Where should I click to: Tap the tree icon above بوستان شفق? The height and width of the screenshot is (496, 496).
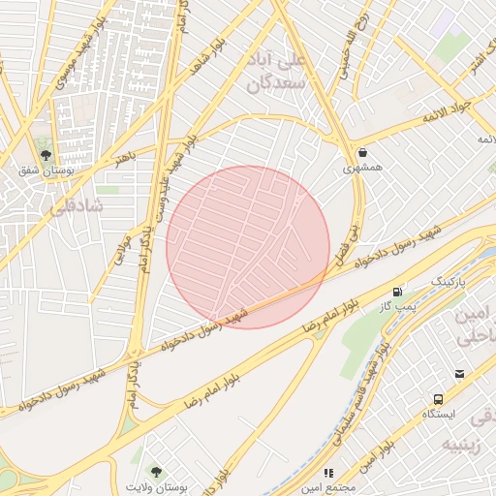46,154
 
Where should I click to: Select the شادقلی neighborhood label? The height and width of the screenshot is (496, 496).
74,205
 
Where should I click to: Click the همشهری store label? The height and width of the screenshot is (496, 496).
362,168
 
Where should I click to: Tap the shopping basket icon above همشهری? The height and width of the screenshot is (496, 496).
362,152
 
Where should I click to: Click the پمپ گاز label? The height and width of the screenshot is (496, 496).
397,306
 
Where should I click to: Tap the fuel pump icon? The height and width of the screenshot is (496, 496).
397,292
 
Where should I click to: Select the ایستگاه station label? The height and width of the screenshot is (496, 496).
439,414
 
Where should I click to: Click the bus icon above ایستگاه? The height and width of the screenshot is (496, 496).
439,398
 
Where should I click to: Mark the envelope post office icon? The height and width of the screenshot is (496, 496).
459,374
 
